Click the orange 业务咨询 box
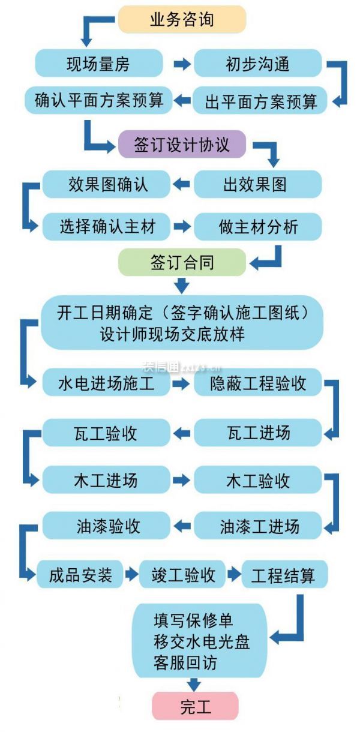click(181, 19)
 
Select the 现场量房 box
click(99, 63)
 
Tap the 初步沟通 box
click(258, 63)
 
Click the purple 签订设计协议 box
click(182, 144)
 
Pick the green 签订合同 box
click(182, 262)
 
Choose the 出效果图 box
click(258, 184)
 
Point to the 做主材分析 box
click(258, 226)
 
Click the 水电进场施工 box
click(107, 383)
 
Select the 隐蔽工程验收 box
click(258, 383)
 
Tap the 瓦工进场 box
click(258, 432)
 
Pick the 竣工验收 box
click(182, 575)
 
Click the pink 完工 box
click(195, 707)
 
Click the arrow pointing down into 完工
click(194, 684)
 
